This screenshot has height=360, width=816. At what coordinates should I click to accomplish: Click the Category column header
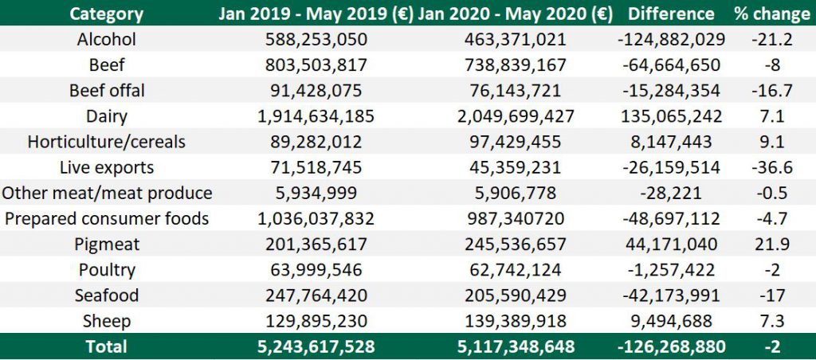(x=107, y=14)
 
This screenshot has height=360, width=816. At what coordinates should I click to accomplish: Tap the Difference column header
(x=670, y=14)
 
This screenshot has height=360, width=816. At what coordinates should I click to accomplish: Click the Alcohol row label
(x=107, y=40)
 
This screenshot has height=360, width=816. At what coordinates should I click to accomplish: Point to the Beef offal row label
(x=107, y=91)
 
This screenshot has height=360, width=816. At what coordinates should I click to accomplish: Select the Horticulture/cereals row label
(x=107, y=142)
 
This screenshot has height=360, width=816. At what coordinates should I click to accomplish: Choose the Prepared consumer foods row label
(x=107, y=218)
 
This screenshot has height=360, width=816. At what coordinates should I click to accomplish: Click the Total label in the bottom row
(x=107, y=346)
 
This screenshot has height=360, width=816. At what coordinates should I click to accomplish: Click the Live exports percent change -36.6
(x=769, y=167)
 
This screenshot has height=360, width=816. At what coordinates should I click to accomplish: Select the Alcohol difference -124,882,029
(x=670, y=40)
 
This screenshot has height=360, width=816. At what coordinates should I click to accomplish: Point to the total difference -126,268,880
(x=670, y=346)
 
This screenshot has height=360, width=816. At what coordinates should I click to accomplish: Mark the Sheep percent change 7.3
(x=769, y=321)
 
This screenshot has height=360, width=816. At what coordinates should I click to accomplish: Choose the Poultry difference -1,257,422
(x=670, y=270)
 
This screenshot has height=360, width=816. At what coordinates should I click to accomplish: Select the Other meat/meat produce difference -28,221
(x=670, y=193)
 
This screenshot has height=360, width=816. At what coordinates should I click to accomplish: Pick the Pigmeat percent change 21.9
(x=769, y=244)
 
